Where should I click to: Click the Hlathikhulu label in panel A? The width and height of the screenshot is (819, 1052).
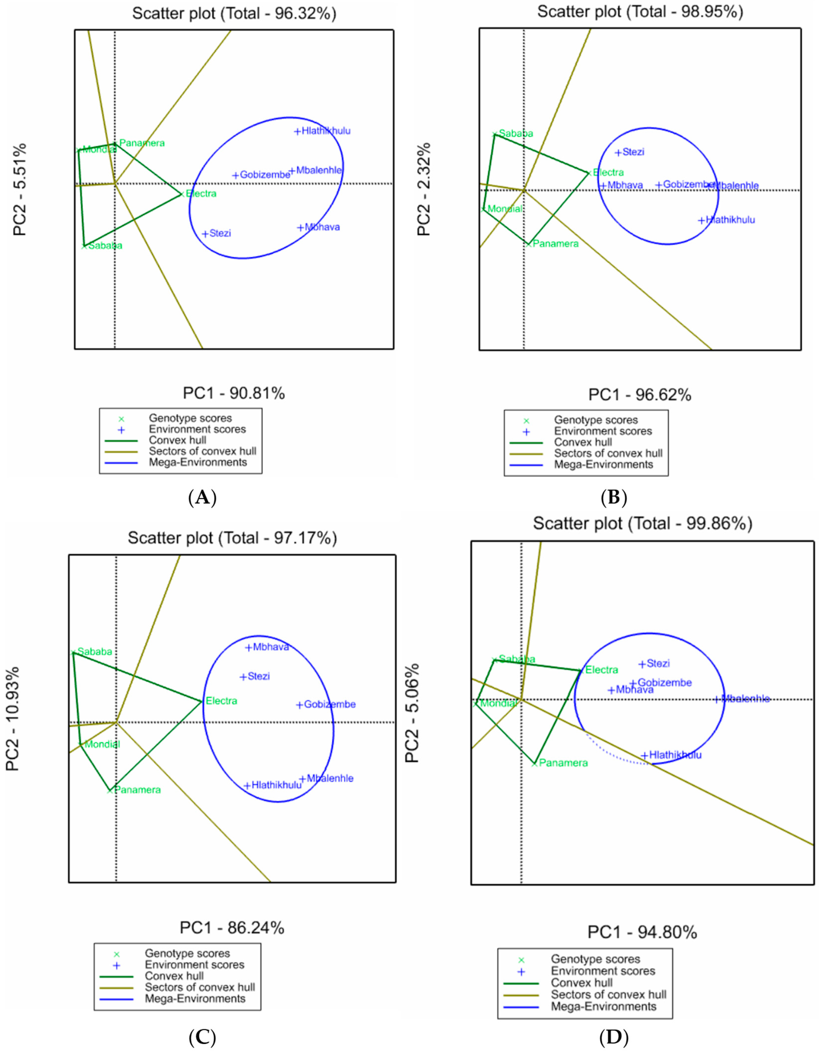tap(326, 131)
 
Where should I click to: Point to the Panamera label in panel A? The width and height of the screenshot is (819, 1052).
tap(142, 143)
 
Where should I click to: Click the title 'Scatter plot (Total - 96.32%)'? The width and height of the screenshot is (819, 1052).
tap(234, 13)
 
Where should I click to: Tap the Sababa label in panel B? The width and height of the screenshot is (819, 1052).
tap(516, 133)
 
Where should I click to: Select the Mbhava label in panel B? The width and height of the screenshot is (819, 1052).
tap(625, 185)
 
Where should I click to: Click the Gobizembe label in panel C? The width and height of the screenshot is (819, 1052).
tap(329, 704)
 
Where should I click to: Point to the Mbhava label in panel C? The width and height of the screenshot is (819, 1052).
tap(271, 647)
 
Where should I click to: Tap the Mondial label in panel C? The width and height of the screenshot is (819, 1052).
tap(102, 744)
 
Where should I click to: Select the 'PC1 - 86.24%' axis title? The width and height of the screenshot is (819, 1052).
tap(232, 927)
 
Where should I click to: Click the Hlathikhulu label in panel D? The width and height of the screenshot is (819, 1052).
tap(675, 755)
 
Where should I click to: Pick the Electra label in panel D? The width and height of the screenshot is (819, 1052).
tap(601, 670)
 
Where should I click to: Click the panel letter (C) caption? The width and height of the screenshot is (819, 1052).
tap(202, 1037)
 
